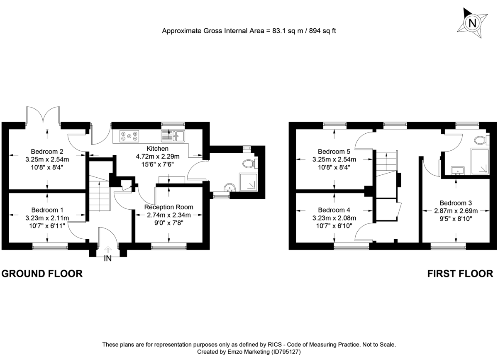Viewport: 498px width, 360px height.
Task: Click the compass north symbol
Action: (472, 23)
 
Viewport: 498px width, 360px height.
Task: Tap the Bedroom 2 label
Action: (47, 151)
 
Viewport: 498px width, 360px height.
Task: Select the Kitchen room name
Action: (157, 149)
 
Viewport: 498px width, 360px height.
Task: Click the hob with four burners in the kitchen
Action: (129, 135)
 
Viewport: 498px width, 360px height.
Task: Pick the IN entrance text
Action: (108, 259)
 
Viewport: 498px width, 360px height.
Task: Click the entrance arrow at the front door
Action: (108, 249)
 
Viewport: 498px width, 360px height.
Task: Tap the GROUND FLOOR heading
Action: (42, 274)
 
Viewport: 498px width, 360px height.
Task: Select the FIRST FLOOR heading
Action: (460, 274)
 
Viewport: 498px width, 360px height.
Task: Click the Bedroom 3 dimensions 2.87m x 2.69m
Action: (456, 210)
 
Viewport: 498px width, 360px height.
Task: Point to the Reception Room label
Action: (168, 207)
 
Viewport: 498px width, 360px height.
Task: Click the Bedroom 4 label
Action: (334, 210)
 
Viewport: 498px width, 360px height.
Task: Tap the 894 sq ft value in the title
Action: (320, 31)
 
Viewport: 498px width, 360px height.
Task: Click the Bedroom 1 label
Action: (47, 210)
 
